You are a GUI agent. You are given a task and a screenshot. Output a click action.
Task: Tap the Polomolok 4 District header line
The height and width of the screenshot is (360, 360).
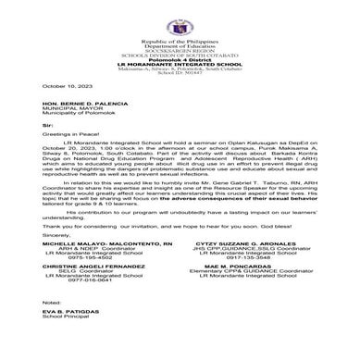tap(180, 56)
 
